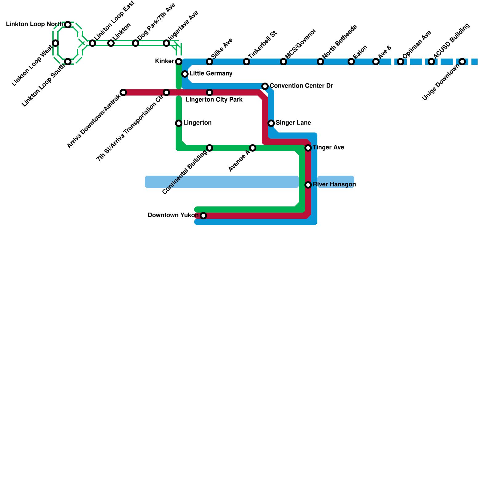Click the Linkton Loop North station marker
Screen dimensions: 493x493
click(68, 25)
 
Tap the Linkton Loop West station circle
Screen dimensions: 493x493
click(55, 43)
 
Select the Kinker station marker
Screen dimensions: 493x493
click(179, 62)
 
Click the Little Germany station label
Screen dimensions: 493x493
click(211, 74)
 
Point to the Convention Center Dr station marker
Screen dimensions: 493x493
click(265, 86)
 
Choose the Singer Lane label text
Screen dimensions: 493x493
click(293, 123)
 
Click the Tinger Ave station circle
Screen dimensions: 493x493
click(308, 148)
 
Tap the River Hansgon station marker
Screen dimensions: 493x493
click(308, 185)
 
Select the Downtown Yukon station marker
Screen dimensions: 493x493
click(203, 216)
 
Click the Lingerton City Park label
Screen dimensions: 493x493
click(214, 100)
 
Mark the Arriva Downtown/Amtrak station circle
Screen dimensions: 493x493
click(123, 92)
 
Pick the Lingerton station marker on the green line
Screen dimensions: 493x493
click(179, 123)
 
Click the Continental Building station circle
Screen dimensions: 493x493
click(210, 148)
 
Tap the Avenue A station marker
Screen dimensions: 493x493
click(253, 148)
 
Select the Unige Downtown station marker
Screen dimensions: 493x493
click(462, 62)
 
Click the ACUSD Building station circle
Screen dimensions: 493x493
click(431, 62)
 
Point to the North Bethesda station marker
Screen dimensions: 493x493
click(320, 62)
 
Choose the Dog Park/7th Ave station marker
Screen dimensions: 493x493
click(136, 43)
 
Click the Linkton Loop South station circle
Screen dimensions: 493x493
click(68, 62)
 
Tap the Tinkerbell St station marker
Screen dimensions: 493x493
click(246, 62)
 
